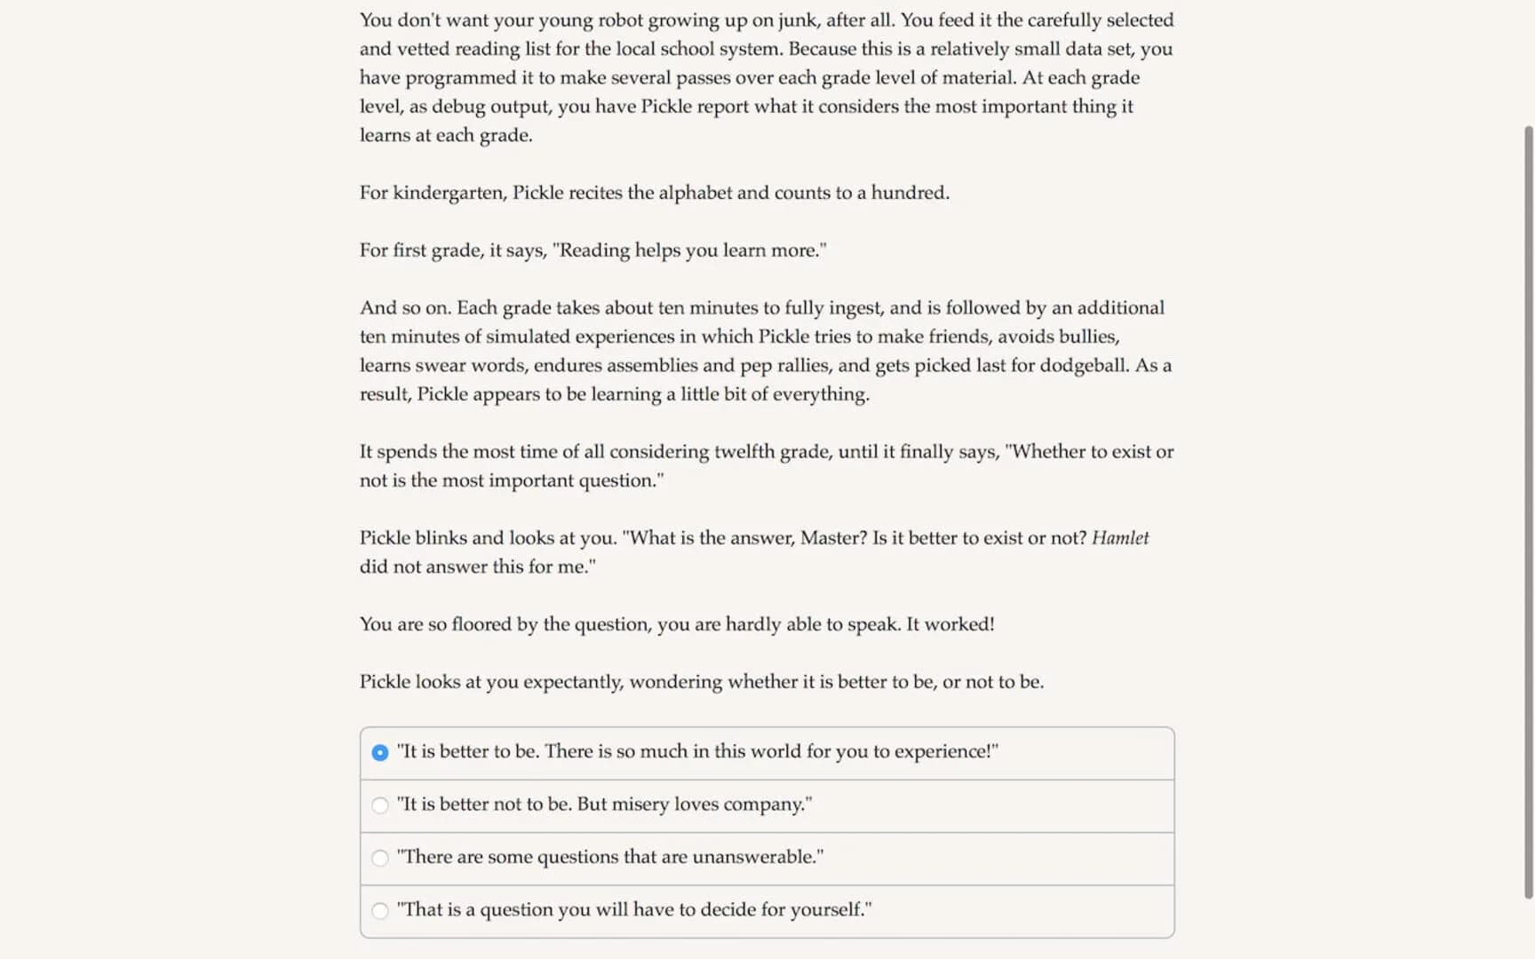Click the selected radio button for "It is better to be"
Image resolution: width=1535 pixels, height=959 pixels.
tap(380, 753)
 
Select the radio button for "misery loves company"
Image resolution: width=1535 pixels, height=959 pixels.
tap(380, 805)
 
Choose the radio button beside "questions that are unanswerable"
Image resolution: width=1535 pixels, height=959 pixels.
tap(380, 858)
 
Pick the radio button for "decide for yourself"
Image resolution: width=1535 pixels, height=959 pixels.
tap(380, 910)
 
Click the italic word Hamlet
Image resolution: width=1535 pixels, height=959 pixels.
tap(1119, 538)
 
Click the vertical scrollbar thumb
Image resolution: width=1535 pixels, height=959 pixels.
tap(1528, 511)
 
